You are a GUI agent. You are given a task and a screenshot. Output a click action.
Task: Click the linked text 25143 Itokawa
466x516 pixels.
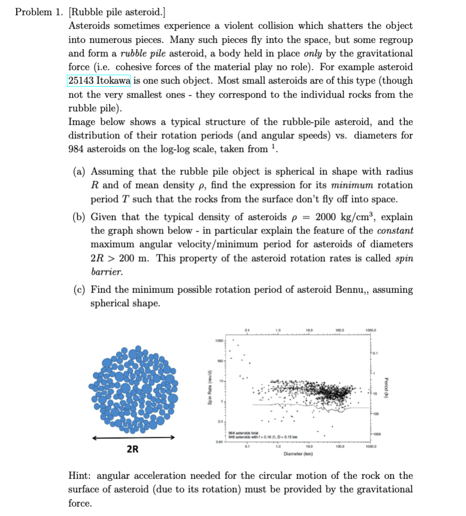(x=99, y=80)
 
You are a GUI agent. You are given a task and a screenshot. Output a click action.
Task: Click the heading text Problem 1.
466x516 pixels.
(x=38, y=12)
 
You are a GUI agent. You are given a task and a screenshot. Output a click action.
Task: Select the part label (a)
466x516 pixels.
(x=80, y=171)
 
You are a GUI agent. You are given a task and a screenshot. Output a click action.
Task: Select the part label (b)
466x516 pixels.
(x=80, y=217)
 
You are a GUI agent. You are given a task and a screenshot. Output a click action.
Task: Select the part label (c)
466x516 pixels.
(x=80, y=289)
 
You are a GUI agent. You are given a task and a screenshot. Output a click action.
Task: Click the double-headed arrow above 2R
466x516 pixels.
(x=133, y=438)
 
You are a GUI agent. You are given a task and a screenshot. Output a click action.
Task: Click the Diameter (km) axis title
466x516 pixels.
(x=298, y=454)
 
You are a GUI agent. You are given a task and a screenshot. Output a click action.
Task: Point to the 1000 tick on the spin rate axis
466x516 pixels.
(x=219, y=341)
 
